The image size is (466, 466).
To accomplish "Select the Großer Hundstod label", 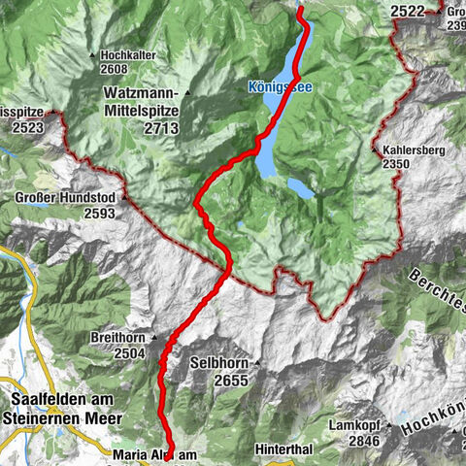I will pyautogui.click(x=67, y=200).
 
